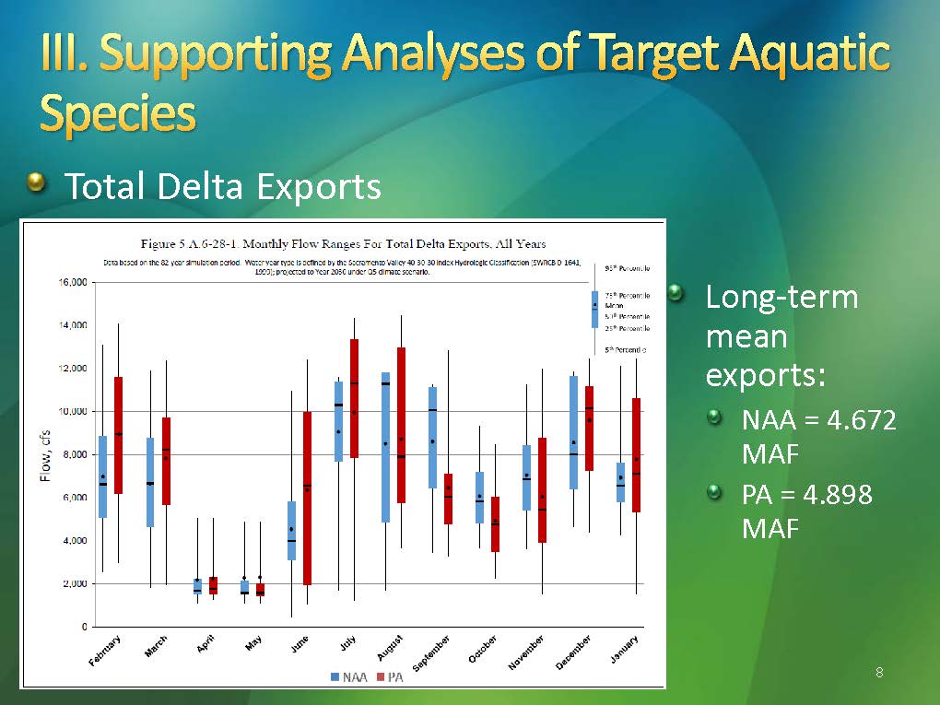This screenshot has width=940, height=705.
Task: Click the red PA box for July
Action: click(354, 398)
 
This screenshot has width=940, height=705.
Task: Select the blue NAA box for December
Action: click(573, 431)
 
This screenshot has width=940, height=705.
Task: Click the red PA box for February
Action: click(118, 435)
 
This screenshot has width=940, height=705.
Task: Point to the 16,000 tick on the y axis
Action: click(74, 282)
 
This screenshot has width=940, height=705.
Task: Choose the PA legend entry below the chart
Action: click(391, 677)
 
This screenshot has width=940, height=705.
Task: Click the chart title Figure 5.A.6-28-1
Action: click(342, 244)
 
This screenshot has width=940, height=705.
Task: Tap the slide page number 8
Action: click(879, 673)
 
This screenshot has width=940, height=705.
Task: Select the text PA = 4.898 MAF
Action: click(806, 511)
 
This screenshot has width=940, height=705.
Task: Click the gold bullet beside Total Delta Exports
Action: click(36, 183)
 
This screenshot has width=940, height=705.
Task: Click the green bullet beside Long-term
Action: click(677, 294)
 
